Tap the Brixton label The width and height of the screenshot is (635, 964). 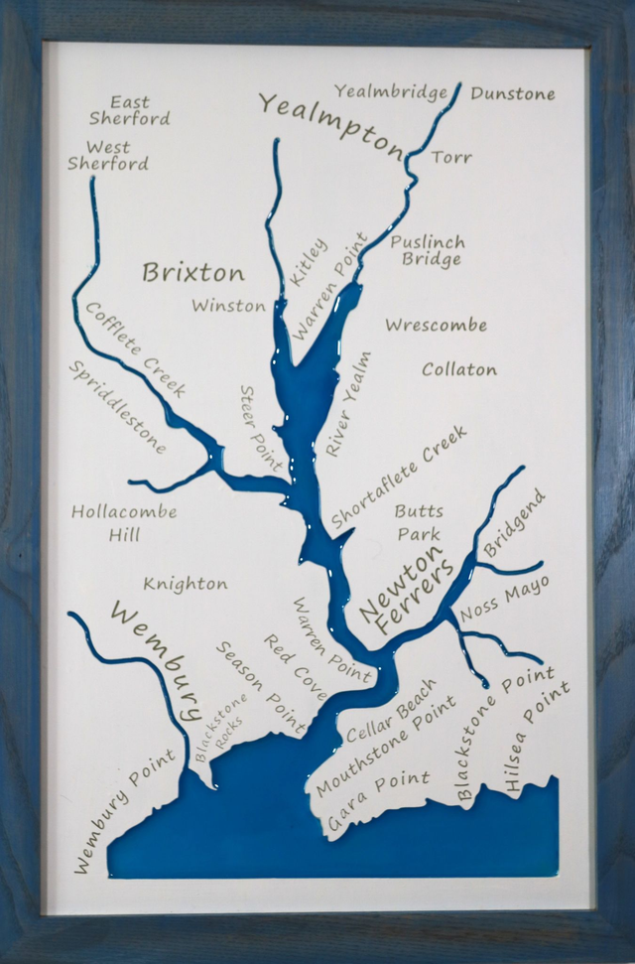[192, 272]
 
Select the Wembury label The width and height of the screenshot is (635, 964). [159, 659]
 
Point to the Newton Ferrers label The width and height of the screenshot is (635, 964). [401, 592]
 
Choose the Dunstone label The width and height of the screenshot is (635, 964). [513, 94]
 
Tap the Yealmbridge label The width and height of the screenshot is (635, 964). [391, 92]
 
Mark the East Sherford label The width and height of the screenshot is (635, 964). [130, 110]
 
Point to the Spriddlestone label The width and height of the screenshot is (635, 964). [118, 406]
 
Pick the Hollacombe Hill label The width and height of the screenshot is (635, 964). [125, 523]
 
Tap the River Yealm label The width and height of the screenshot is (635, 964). [348, 403]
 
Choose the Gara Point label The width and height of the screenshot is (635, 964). [378, 800]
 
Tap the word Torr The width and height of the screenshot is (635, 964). [451, 157]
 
